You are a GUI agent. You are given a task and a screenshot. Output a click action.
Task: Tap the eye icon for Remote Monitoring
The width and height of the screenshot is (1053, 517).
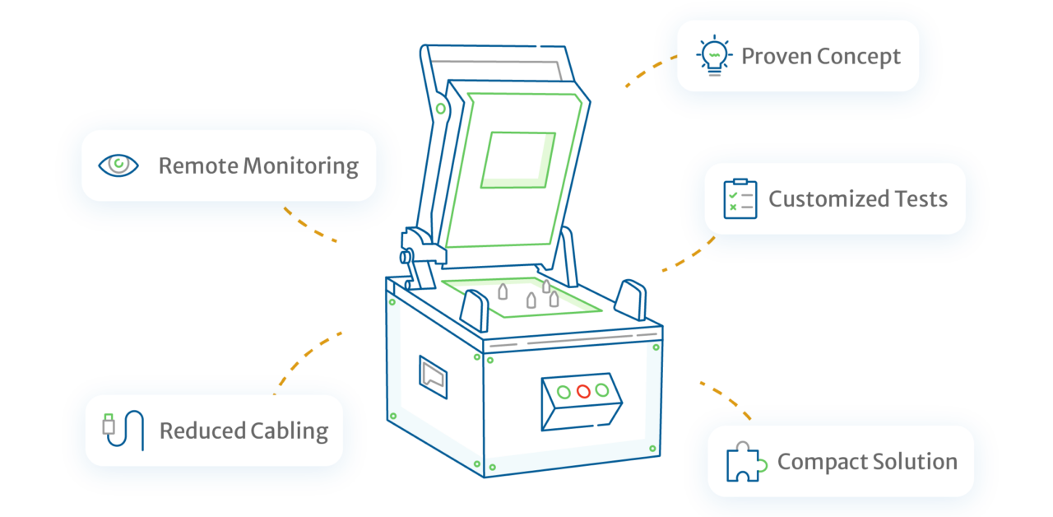click(x=118, y=165)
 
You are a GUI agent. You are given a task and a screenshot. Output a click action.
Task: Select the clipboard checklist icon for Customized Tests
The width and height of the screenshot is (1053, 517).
click(x=740, y=199)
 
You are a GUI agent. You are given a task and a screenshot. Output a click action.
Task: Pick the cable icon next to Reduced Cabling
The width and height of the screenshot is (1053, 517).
click(x=123, y=431)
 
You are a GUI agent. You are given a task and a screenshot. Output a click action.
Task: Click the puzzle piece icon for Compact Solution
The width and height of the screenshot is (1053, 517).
click(x=745, y=463)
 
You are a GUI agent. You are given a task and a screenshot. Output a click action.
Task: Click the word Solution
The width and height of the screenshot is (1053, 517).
click(x=916, y=463)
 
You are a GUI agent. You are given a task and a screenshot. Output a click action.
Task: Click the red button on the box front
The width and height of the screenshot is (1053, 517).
click(x=583, y=392)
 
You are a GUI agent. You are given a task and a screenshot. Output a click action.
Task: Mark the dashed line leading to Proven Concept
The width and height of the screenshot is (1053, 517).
click(x=649, y=72)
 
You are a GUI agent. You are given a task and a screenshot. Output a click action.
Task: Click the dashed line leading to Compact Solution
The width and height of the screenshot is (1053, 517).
click(x=725, y=399)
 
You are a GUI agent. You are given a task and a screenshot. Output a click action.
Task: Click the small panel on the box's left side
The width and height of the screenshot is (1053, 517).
click(x=433, y=377)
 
